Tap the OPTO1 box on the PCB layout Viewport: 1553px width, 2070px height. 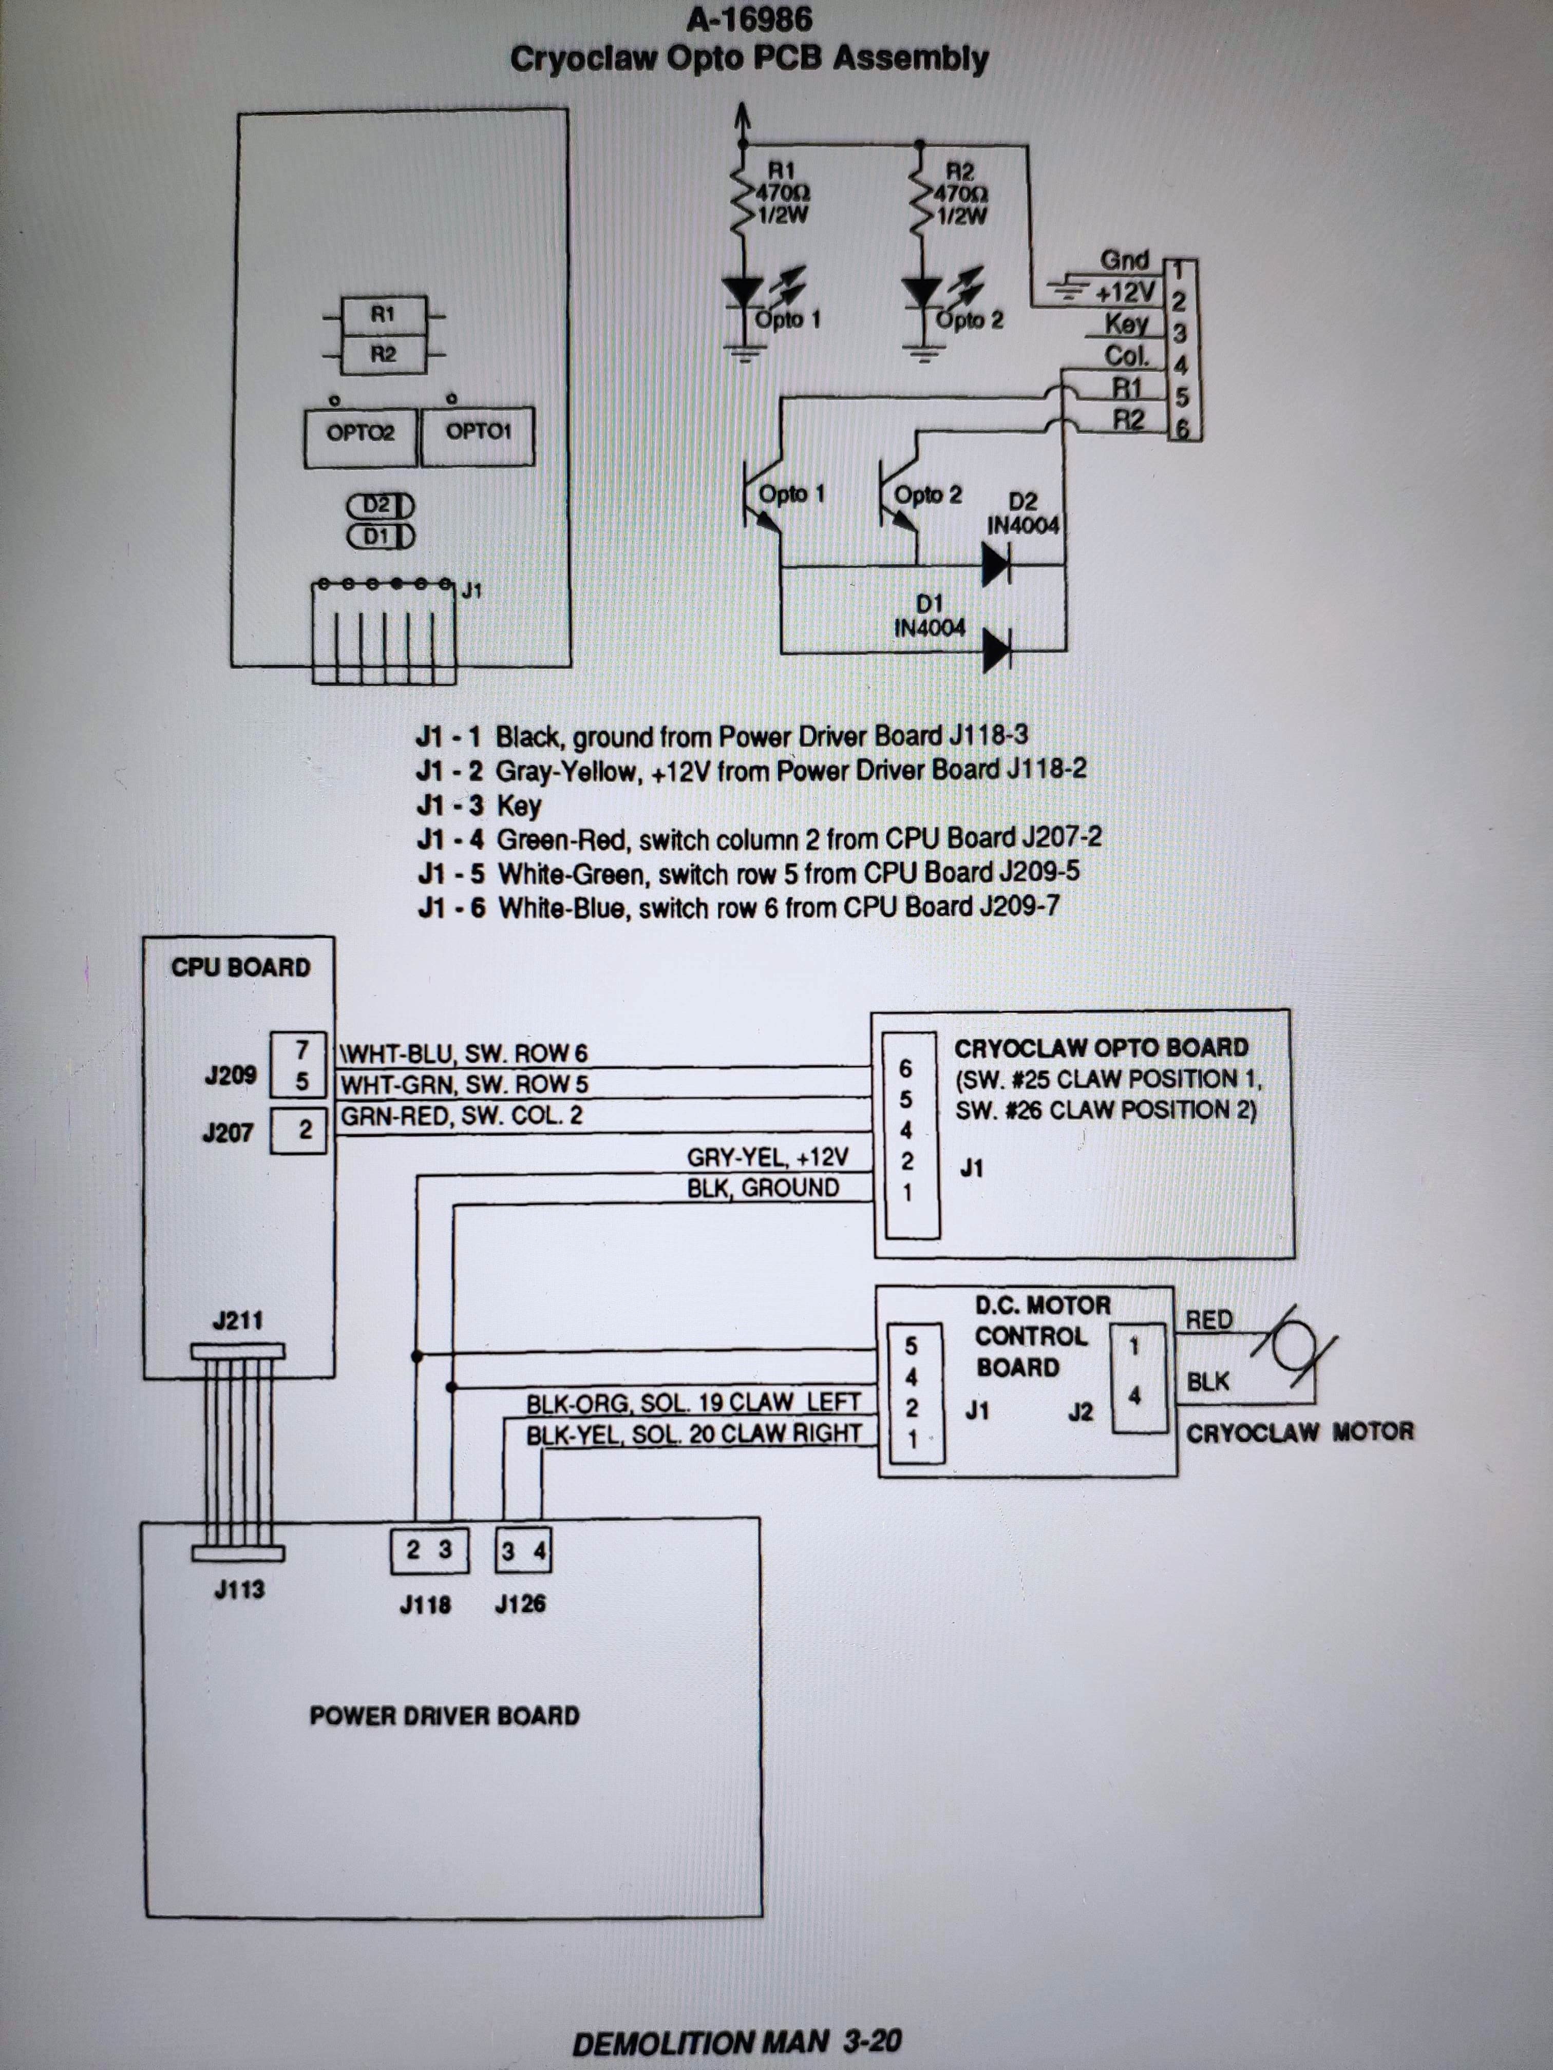point(478,434)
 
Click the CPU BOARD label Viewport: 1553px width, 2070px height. point(240,967)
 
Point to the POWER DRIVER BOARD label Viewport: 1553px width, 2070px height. point(445,1715)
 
